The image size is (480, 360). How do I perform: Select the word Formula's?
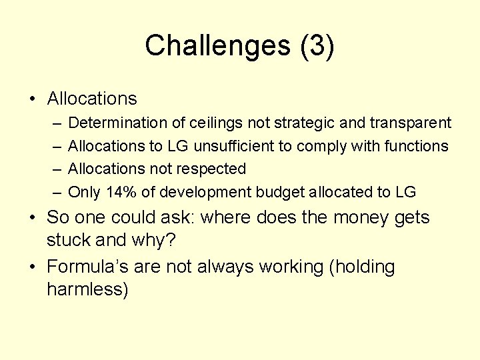click(x=87, y=267)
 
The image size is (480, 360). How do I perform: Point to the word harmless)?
click(x=87, y=289)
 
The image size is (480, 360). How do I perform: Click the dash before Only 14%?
click(x=57, y=193)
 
